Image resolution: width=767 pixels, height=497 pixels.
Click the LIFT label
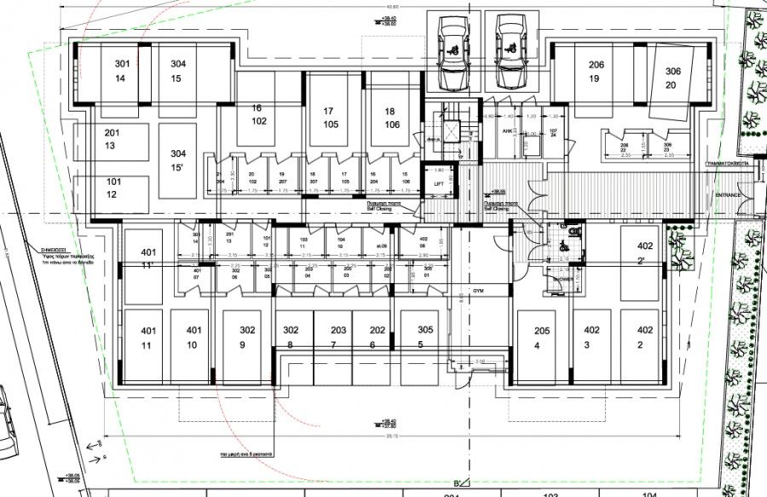point(440,184)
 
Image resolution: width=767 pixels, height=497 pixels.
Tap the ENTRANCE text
point(729,195)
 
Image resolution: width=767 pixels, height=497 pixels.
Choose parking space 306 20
point(673,78)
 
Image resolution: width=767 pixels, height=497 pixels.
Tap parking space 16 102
point(259,114)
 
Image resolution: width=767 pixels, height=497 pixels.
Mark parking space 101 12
point(112,188)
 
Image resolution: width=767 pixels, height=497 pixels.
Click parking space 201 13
point(112,140)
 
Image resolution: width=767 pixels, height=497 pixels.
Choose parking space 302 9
point(247,337)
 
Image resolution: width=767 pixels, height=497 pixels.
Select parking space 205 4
point(541,338)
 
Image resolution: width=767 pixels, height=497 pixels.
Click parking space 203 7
point(338,337)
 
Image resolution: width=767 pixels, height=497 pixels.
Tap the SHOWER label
point(562,278)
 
